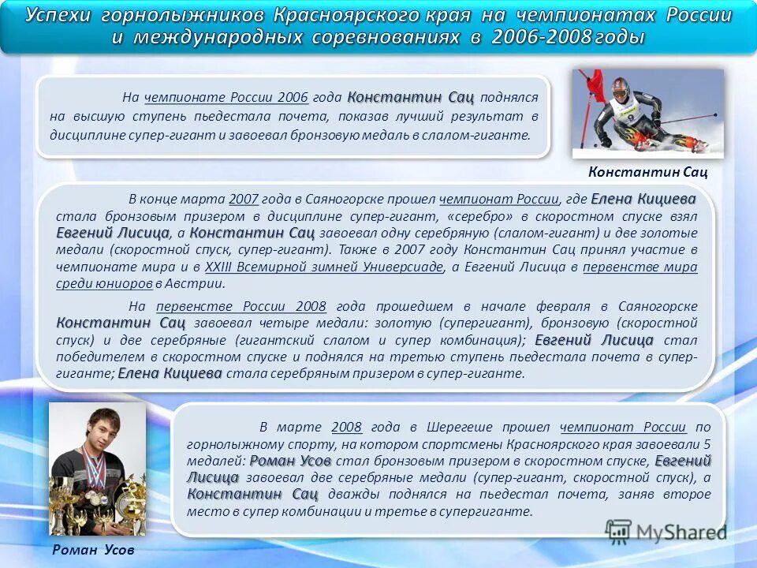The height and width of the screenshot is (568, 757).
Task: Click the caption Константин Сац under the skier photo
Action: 647,171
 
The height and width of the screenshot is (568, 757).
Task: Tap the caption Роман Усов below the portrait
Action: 94,550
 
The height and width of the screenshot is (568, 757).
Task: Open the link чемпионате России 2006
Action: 226,98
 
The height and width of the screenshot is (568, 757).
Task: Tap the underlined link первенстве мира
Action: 640,267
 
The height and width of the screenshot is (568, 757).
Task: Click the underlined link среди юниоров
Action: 104,284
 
